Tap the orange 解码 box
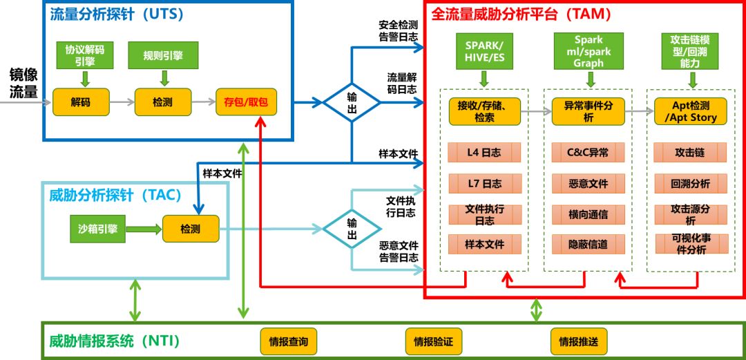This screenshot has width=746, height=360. pyautogui.click(x=81, y=102)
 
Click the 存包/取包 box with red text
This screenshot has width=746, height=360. pyautogui.click(x=245, y=102)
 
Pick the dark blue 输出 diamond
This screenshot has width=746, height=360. pyautogui.click(x=352, y=102)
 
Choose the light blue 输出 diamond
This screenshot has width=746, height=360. pyautogui.click(x=352, y=228)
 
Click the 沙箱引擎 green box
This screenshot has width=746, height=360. pyautogui.click(x=97, y=228)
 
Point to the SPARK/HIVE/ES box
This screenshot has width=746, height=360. pyautogui.click(x=484, y=51)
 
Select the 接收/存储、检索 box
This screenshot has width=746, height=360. pyautogui.click(x=484, y=111)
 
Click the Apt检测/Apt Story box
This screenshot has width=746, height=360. pyautogui.click(x=691, y=111)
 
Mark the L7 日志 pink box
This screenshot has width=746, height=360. pyautogui.click(x=484, y=183)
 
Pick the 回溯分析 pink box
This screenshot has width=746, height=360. pyautogui.click(x=691, y=183)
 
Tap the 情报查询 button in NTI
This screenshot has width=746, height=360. pyautogui.click(x=288, y=341)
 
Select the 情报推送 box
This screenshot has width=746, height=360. pyautogui.click(x=578, y=341)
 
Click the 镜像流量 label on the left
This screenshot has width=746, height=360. pyautogui.click(x=23, y=82)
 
